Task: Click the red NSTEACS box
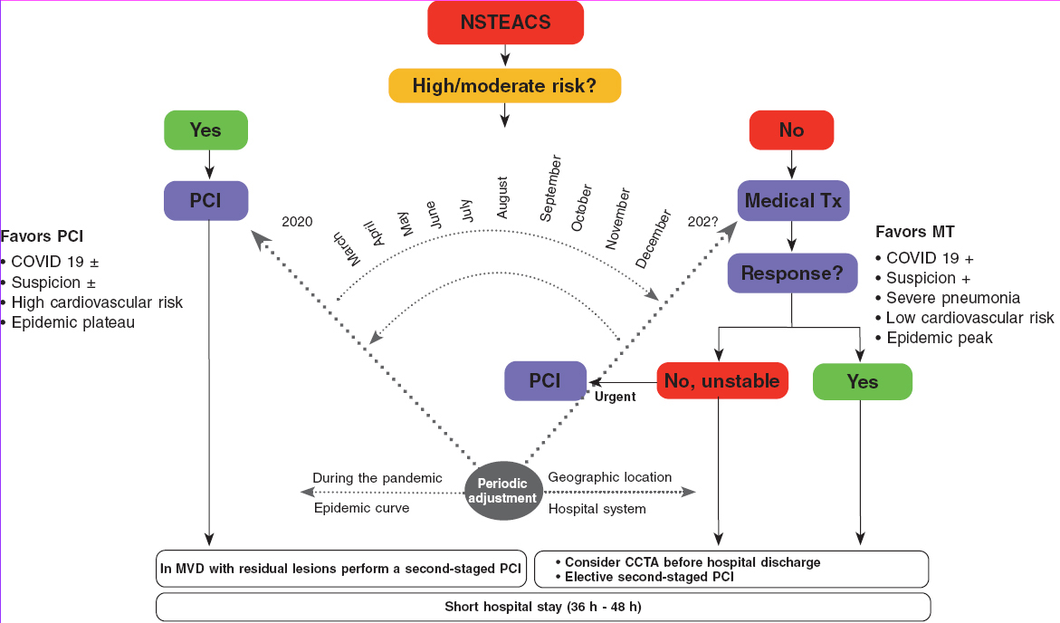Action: tap(505, 24)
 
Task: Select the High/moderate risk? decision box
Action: tap(505, 86)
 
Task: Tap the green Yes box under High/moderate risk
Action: tap(205, 130)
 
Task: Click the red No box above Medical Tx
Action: tap(791, 130)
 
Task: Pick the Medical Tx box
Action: tap(791, 201)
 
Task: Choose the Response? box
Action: tap(792, 273)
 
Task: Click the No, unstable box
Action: tap(721, 381)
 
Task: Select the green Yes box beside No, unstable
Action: tap(862, 381)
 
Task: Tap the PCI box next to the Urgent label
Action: tap(545, 381)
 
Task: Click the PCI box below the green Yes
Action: tap(205, 201)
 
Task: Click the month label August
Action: tap(503, 198)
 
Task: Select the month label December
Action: tap(654, 239)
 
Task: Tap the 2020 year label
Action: tap(297, 221)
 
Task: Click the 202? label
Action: tap(704, 221)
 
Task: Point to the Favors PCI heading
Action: tap(42, 237)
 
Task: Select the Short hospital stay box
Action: tap(543, 606)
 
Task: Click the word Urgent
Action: tap(615, 397)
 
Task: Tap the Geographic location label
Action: tap(610, 477)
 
